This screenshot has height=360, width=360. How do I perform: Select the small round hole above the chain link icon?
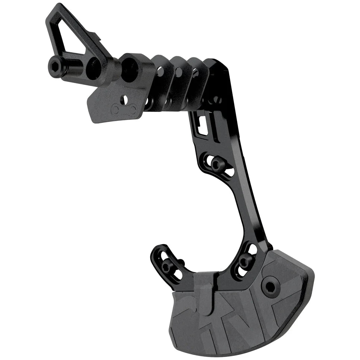pyautogui.click(x=126, y=99)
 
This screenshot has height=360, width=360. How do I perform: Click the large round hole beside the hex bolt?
pyautogui.click(x=93, y=69)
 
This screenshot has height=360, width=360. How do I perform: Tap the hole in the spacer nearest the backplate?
pyautogui.click(x=195, y=73)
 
